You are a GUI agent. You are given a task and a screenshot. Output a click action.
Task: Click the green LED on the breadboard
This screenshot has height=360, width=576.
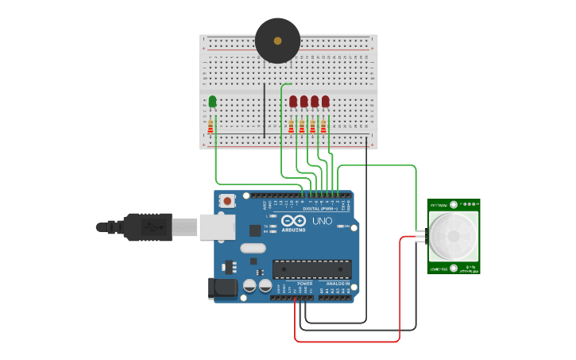click(212, 101)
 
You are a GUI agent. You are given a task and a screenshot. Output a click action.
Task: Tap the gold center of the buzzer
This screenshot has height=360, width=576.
click(277, 41)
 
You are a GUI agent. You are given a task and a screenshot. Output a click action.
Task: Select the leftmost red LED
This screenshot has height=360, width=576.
click(293, 101)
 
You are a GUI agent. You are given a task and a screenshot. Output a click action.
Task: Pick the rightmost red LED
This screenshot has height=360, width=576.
click(325, 101)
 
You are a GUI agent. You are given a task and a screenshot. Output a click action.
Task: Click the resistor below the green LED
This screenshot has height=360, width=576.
click(211, 127)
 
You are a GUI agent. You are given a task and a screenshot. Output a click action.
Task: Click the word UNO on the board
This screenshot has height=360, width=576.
click(322, 221)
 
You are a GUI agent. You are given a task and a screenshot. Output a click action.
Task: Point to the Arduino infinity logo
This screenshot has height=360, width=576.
click(293, 221)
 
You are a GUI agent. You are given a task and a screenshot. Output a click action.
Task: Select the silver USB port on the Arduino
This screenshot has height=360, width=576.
click(216, 226)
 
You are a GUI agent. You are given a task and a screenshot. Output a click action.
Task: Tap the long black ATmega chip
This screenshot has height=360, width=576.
click(311, 269)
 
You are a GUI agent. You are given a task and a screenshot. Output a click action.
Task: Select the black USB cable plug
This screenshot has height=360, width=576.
click(147, 226)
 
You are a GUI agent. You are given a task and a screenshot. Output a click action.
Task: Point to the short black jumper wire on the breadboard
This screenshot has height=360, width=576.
click(265, 110)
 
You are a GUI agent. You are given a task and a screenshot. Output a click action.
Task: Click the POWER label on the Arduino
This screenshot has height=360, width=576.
click(305, 283)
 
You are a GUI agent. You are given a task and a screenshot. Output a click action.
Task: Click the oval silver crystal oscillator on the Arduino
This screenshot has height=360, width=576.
click(252, 248)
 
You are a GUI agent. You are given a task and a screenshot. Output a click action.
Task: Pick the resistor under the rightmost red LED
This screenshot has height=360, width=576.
click(323, 127)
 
